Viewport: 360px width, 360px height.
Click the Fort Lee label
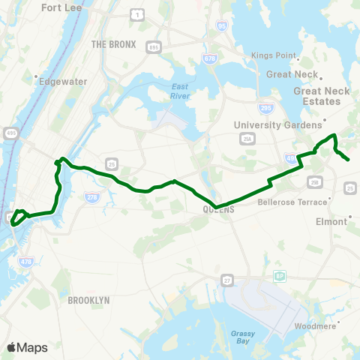[x=61, y=7]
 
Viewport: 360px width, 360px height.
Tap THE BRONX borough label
[x=113, y=44]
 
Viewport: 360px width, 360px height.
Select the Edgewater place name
[x=64, y=81]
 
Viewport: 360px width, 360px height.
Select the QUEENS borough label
[x=219, y=211]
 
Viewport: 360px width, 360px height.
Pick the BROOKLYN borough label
[x=88, y=300]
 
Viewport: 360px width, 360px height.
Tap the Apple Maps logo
[x=26, y=347]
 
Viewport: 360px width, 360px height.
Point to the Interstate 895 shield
[x=154, y=47]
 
